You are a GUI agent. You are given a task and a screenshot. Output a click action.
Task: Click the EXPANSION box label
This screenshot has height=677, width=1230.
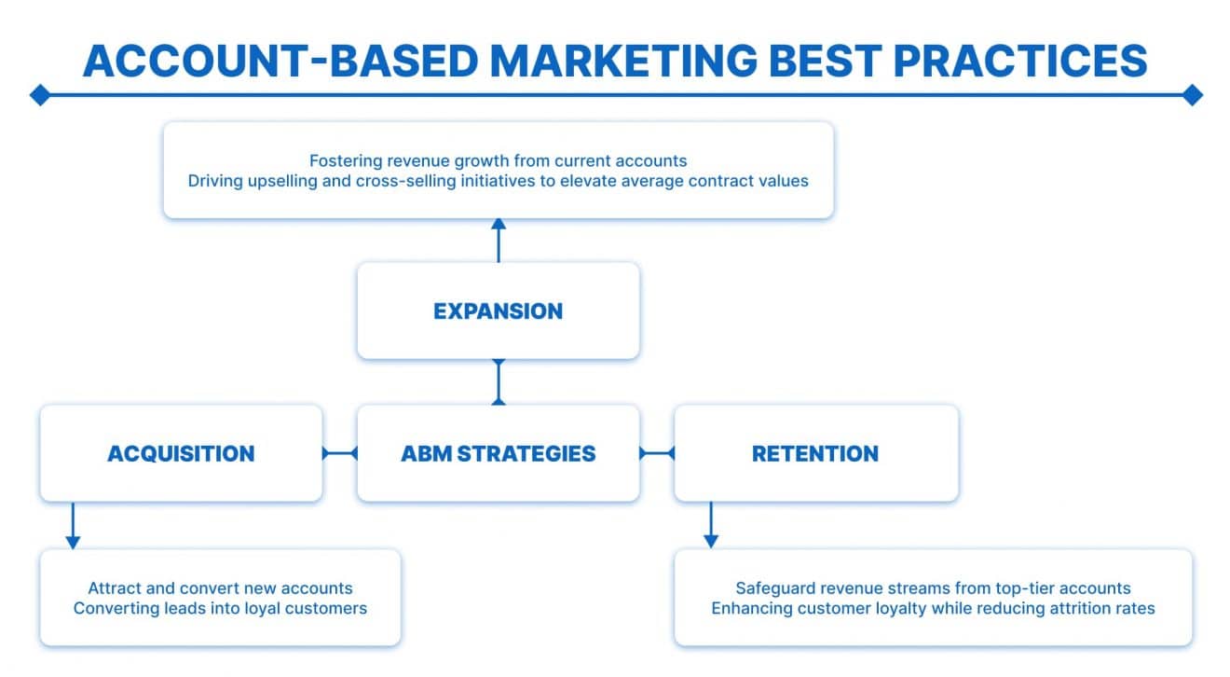498,311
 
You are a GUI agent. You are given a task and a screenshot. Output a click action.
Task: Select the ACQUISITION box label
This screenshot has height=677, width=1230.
181,453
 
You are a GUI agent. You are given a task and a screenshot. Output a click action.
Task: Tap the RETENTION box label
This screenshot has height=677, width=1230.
814,453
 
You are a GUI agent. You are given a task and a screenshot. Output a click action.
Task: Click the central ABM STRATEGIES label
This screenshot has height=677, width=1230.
498,453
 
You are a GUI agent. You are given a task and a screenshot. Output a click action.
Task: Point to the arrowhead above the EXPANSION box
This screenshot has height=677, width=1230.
499,225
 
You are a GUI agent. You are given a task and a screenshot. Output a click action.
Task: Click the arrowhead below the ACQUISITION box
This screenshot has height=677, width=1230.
73,541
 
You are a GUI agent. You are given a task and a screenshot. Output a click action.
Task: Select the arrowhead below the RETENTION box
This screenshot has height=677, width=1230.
711,541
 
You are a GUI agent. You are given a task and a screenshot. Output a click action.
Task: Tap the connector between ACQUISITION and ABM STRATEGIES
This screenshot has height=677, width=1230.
340,453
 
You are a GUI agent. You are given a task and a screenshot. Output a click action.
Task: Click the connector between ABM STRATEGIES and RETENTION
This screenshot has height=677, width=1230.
657,453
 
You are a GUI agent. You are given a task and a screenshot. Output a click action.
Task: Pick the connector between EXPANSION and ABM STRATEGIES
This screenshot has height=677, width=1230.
499,381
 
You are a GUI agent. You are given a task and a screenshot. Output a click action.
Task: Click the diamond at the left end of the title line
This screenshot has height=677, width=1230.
39,94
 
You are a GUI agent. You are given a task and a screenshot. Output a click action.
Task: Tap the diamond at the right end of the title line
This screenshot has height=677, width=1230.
1192,94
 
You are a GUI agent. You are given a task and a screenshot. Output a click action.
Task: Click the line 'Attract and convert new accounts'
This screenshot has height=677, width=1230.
220,588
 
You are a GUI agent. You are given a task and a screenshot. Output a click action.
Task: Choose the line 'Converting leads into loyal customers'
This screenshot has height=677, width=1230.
220,608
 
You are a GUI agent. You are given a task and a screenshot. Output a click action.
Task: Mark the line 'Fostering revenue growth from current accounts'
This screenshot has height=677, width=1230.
498,160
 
